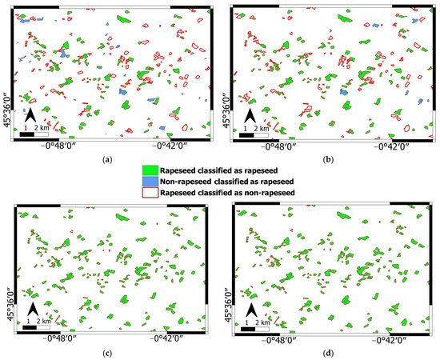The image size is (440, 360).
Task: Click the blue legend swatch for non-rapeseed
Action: pos(153,182)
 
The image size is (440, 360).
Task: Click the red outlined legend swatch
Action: pos(153,193)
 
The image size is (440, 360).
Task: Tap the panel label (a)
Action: pos(108,159)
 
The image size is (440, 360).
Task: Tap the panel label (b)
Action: pos(327,159)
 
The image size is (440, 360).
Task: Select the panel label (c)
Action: pos(108,352)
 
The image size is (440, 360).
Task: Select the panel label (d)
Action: pos(327,352)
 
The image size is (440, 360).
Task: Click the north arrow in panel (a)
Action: pos(29,117)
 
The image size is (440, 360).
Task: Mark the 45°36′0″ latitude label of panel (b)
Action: pos(226,108)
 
